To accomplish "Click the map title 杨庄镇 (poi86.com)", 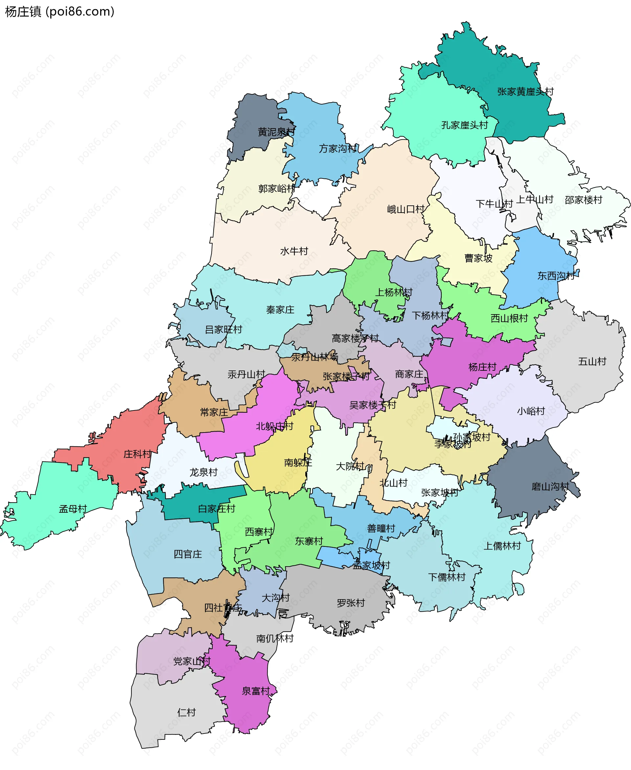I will tap(59, 12).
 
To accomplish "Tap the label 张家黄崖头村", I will tap(525, 92).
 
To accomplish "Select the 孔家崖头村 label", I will tap(464, 125).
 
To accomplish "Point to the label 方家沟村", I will tap(338, 149).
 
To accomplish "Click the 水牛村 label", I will tap(294, 251).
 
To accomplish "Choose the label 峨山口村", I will tap(406, 209).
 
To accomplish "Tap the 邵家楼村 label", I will tap(583, 200).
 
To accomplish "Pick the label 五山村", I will tap(592, 362).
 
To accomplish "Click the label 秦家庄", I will tap(280, 310).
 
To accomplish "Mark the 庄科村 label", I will tap(137, 454).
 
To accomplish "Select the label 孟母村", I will tap(73, 509).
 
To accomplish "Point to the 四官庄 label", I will tap(188, 554).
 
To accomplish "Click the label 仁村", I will tap(186, 712).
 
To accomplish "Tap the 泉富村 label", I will tap(256, 691).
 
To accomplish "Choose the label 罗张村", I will tap(351, 603).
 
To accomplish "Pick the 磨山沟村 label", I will tap(550, 487).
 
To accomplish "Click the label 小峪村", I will tap(531, 411).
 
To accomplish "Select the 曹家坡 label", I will tap(478, 258).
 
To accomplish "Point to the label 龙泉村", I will tap(203, 472).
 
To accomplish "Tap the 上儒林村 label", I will tap(502, 546).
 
